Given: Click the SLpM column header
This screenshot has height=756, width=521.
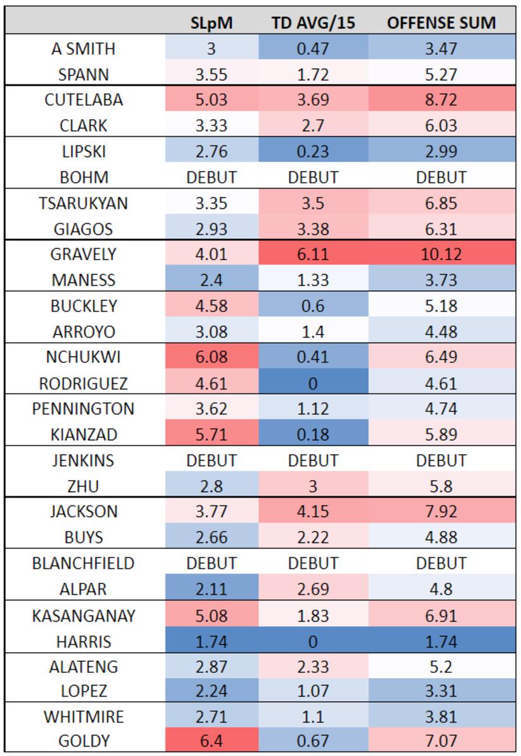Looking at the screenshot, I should point(211,23).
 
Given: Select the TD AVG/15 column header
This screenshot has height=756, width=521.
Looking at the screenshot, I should point(313,23).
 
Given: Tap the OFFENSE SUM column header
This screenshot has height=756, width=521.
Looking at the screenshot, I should point(441,23).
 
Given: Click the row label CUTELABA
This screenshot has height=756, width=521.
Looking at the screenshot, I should point(84,100).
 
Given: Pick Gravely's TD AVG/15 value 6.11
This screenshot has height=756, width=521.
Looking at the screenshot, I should point(313,254).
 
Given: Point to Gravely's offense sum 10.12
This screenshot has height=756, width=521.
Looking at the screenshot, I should point(441,254).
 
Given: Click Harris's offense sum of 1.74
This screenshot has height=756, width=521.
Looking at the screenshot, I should point(441,642).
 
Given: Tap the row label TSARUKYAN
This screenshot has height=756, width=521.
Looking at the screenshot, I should point(84,202).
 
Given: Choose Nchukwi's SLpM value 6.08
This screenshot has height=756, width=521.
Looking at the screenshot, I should point(211,357).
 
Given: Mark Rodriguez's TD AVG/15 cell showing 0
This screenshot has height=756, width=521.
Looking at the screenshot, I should point(313,382).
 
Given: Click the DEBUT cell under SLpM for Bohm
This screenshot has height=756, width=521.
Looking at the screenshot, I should point(211,177).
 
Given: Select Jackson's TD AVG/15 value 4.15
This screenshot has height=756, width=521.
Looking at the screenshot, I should point(313,511).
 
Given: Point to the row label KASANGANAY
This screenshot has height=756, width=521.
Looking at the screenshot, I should point(84,614).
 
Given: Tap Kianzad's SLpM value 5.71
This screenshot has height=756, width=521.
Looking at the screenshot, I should point(211,434).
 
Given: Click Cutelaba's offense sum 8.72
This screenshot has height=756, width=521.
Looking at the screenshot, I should point(441,100).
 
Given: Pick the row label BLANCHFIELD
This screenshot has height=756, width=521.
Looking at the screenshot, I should point(84,563).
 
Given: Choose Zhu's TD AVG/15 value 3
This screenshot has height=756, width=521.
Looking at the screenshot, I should point(313,486).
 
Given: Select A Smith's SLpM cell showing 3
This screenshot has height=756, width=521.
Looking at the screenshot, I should point(211,49).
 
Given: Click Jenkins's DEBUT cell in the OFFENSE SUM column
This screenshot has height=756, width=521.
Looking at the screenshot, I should point(441,460).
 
